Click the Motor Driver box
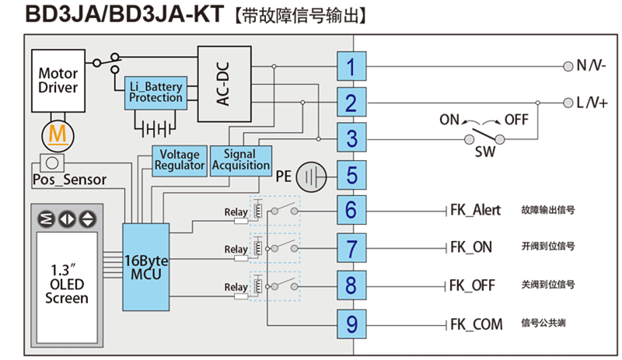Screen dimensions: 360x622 click(x=58, y=81)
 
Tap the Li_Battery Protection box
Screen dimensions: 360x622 click(x=155, y=93)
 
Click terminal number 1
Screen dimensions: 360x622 click(x=351, y=67)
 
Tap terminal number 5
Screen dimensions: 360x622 click(x=351, y=175)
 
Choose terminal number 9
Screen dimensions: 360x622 click(x=351, y=323)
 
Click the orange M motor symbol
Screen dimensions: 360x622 click(x=57, y=134)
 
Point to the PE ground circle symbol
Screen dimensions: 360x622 click(x=312, y=177)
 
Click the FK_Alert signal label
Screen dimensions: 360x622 click(x=475, y=210)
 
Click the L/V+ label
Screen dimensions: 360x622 click(x=592, y=103)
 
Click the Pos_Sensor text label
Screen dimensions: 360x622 click(x=69, y=180)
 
